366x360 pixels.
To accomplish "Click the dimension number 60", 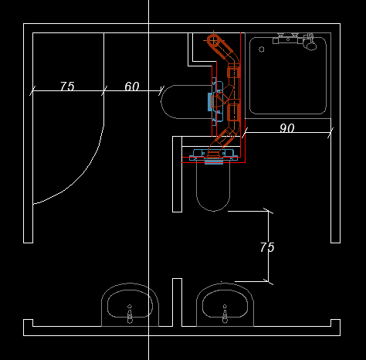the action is (x=132, y=87).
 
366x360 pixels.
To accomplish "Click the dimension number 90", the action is (x=286, y=128).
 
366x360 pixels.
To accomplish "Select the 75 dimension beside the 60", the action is (x=67, y=87).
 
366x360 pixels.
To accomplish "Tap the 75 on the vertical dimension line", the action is (x=267, y=247).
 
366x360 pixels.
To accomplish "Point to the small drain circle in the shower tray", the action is (x=262, y=49).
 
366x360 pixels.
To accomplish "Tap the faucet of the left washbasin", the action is (x=130, y=314).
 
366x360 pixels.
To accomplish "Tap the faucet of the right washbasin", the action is (x=225, y=314).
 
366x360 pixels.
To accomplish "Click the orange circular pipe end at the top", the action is (x=213, y=40).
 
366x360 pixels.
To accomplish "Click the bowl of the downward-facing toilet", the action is (x=213, y=187).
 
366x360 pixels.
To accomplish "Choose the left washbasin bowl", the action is (x=130, y=304).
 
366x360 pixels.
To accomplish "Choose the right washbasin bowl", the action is (x=225, y=304).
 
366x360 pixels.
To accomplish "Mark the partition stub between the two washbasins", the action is (x=177, y=302).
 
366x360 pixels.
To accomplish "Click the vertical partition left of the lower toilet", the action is (x=177, y=175).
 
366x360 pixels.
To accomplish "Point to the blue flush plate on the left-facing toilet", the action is (x=209, y=102).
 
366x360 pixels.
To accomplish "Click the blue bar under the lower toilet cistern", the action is (x=214, y=161).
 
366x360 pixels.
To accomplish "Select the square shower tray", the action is (x=288, y=76).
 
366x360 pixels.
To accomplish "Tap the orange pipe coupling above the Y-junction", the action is (x=234, y=72).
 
